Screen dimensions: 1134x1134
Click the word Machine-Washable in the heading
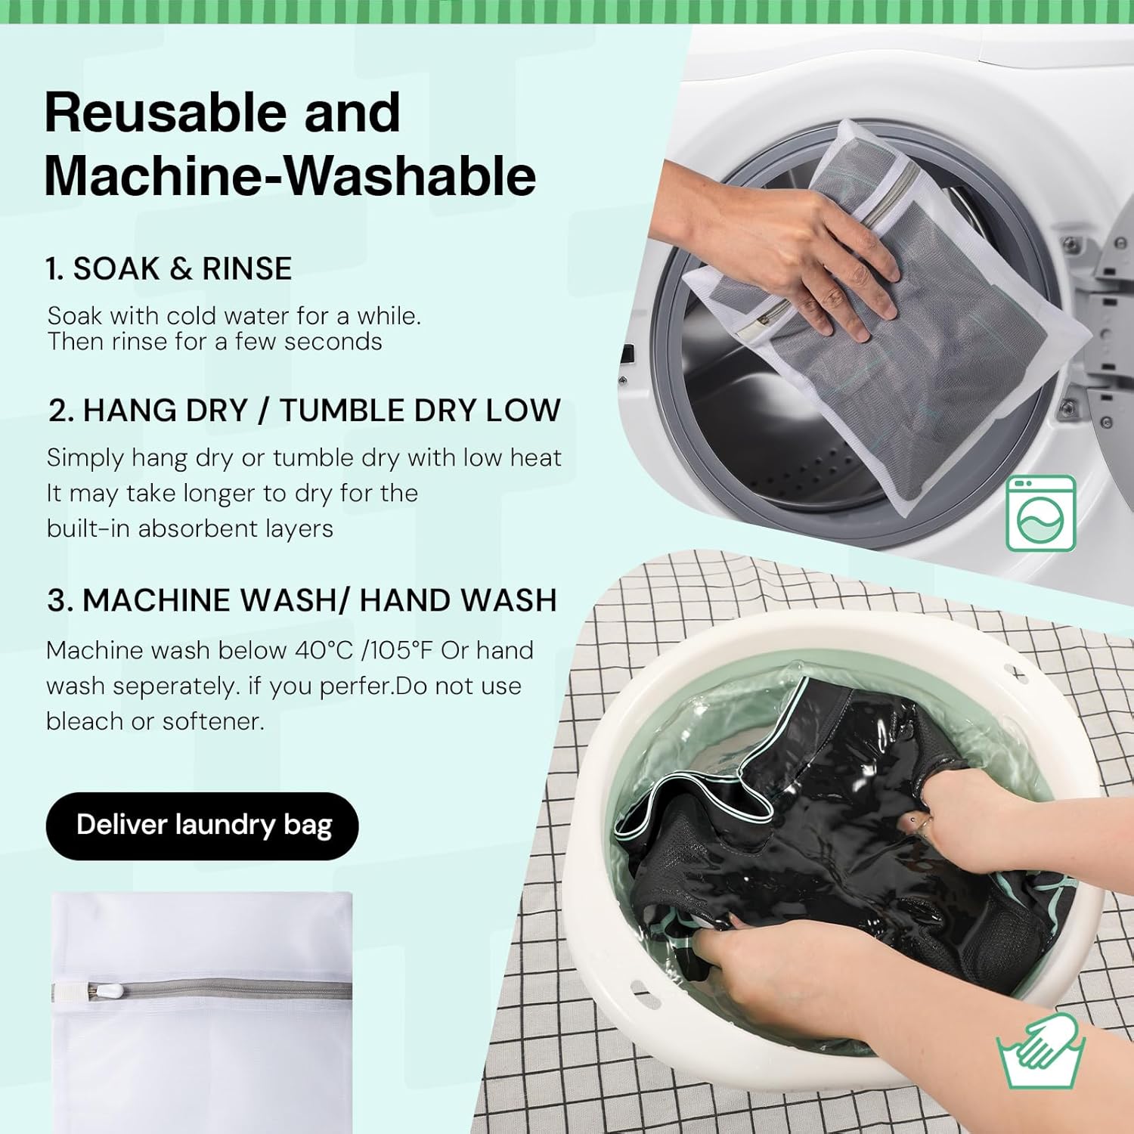(x=290, y=175)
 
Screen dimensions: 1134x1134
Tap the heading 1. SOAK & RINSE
(x=169, y=269)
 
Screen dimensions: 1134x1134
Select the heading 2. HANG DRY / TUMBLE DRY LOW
(x=305, y=411)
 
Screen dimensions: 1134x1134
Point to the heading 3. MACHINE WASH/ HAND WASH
(x=302, y=600)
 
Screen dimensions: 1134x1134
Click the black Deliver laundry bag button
(x=203, y=826)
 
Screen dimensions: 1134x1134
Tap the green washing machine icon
(x=1040, y=513)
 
